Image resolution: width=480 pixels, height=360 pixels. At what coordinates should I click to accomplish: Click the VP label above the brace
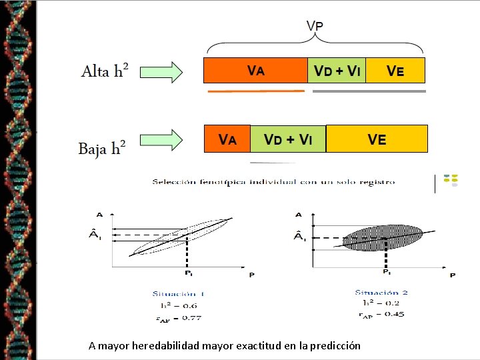[x=315, y=25]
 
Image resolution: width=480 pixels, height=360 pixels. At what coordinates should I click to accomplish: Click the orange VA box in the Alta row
[x=255, y=70]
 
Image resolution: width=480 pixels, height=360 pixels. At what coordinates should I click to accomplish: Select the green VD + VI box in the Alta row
[x=337, y=70]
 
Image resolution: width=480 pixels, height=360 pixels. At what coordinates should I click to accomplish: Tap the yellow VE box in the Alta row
[x=395, y=70]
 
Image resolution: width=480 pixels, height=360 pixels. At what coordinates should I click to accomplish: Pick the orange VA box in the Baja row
[x=227, y=139]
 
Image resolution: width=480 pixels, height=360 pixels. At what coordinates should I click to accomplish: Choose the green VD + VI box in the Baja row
[x=288, y=139]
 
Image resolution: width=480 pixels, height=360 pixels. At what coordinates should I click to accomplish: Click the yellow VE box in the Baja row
[x=377, y=139]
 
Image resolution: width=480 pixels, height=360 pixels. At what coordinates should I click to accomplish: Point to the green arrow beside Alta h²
[x=162, y=71]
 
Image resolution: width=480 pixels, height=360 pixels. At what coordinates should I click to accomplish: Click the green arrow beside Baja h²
[x=162, y=141]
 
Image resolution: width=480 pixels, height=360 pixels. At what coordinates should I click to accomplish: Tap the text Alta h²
[x=105, y=71]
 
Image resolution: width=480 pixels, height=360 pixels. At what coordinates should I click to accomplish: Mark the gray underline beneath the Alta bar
[x=369, y=91]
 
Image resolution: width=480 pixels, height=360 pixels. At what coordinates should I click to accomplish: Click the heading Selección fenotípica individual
[x=273, y=181]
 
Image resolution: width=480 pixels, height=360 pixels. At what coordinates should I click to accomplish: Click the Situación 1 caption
[x=179, y=293]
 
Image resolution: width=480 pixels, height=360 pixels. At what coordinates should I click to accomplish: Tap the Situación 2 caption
[x=381, y=292]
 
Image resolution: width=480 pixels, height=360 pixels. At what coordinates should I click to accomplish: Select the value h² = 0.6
[x=179, y=305]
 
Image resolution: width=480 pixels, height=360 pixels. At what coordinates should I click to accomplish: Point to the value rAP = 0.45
[x=381, y=314]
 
